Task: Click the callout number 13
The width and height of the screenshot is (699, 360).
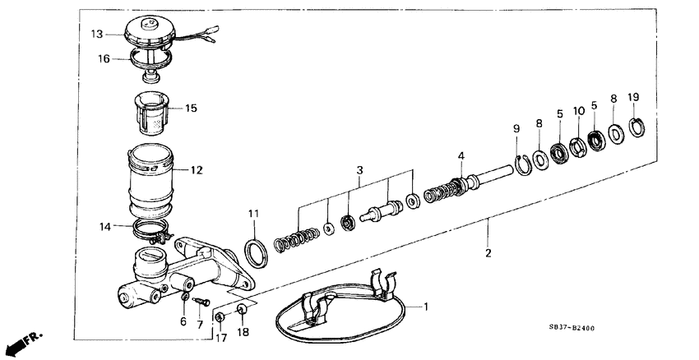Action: point(96,34)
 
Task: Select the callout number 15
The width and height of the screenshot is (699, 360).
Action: point(192,108)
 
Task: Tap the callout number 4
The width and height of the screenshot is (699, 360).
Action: point(461,156)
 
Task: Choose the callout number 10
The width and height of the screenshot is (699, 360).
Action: point(578,109)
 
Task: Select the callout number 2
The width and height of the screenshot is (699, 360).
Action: point(488,253)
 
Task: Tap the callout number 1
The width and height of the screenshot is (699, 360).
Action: point(426,307)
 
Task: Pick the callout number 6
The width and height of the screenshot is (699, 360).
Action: point(183,322)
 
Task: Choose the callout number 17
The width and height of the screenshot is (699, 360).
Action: point(220,336)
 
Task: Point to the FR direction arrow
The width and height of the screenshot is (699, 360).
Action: point(21,340)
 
